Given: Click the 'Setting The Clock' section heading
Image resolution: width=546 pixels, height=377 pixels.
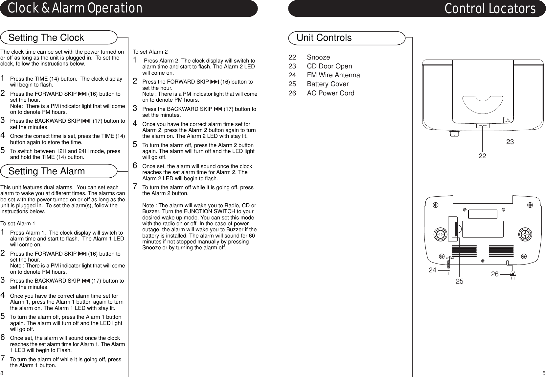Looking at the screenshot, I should coord(46,38).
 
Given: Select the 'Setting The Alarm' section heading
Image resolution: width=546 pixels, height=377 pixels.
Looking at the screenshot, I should coord(47,171).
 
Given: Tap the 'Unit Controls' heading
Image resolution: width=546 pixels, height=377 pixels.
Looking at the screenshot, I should coord(324,38).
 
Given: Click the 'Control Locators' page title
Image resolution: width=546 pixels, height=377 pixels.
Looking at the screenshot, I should coord(490,9).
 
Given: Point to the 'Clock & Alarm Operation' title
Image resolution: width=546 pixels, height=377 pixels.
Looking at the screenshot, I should coord(75,8).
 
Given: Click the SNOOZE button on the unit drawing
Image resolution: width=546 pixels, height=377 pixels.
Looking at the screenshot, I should coord(483,126).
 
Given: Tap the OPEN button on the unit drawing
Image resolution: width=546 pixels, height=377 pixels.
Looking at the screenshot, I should coord(508,120).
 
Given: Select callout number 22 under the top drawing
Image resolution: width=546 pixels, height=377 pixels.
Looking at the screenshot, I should coord(482,156).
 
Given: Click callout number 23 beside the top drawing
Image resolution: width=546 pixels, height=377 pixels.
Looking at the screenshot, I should coord(510,142).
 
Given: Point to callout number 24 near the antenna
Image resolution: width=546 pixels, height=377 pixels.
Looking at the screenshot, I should coord(433,270).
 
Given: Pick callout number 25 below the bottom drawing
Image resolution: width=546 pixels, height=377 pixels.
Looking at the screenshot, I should coord(459,282).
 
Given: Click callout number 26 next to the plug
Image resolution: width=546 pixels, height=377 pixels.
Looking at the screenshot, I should coord(495,274).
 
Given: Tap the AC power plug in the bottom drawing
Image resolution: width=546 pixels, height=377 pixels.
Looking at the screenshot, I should coord(513,274).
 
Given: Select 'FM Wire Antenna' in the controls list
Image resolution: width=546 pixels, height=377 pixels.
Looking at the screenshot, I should coord(333,75).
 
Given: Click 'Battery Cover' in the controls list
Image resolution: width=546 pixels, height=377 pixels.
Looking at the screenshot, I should coord(328,84).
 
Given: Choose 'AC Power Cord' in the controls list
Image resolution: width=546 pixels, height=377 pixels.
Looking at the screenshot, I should coord(330,93).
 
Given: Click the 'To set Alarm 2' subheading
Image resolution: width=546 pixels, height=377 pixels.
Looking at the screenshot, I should coord(150,52).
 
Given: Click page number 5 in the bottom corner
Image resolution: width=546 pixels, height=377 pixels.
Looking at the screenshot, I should coord(544,373).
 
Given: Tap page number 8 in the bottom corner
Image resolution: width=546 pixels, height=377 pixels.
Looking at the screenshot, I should coord(2,373).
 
